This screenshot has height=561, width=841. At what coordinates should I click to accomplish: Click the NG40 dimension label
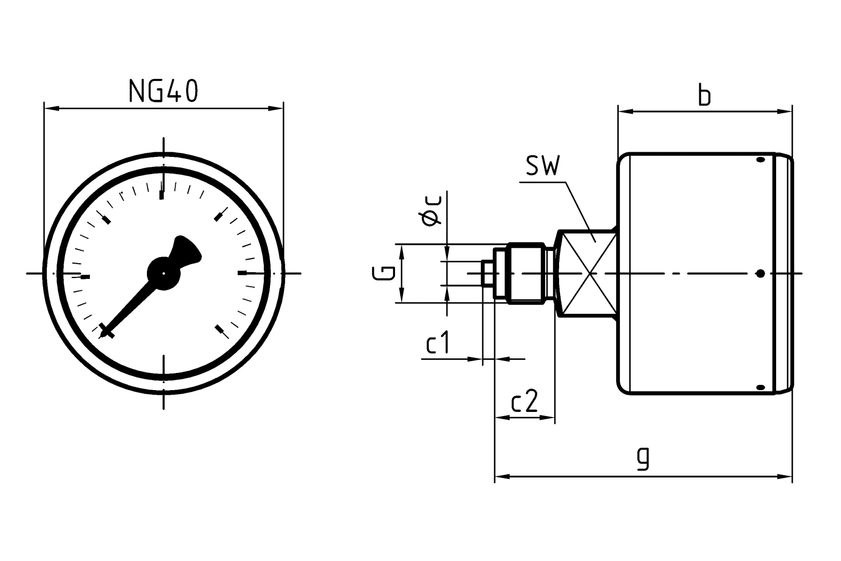(x=163, y=91)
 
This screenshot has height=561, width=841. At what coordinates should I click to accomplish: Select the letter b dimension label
(x=704, y=96)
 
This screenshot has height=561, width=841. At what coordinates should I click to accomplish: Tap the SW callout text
(x=542, y=167)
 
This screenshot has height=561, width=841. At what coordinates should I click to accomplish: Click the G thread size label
(x=384, y=273)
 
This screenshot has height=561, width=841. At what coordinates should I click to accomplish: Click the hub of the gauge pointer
(x=164, y=273)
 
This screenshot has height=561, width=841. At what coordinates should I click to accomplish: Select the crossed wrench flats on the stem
(x=586, y=273)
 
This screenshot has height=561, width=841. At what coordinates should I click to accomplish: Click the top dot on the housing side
(x=761, y=160)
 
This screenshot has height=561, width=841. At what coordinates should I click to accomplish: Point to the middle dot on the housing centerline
(x=761, y=273)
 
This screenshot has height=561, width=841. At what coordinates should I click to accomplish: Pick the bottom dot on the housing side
(x=761, y=387)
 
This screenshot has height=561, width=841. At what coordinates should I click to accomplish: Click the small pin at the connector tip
(x=487, y=273)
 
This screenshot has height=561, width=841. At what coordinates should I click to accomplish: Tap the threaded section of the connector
(x=525, y=273)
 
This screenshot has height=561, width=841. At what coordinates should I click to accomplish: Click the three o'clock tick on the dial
(x=242, y=273)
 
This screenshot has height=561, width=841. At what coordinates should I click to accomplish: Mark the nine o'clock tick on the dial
(x=85, y=276)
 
